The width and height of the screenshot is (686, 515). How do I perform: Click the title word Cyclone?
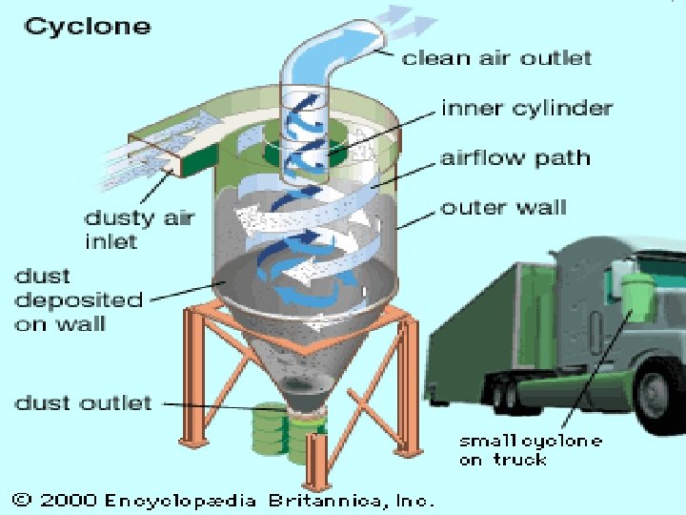tap(88, 25)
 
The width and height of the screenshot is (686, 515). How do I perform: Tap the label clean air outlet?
tap(496, 57)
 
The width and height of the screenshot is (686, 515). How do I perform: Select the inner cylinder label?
tap(527, 108)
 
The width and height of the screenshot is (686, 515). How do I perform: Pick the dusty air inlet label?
tap(139, 229)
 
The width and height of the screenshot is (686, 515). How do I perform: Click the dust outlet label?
tap(83, 402)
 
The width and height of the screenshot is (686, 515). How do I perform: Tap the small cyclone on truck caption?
tap(530, 449)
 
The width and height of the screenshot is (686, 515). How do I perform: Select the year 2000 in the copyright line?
tap(68, 499)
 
